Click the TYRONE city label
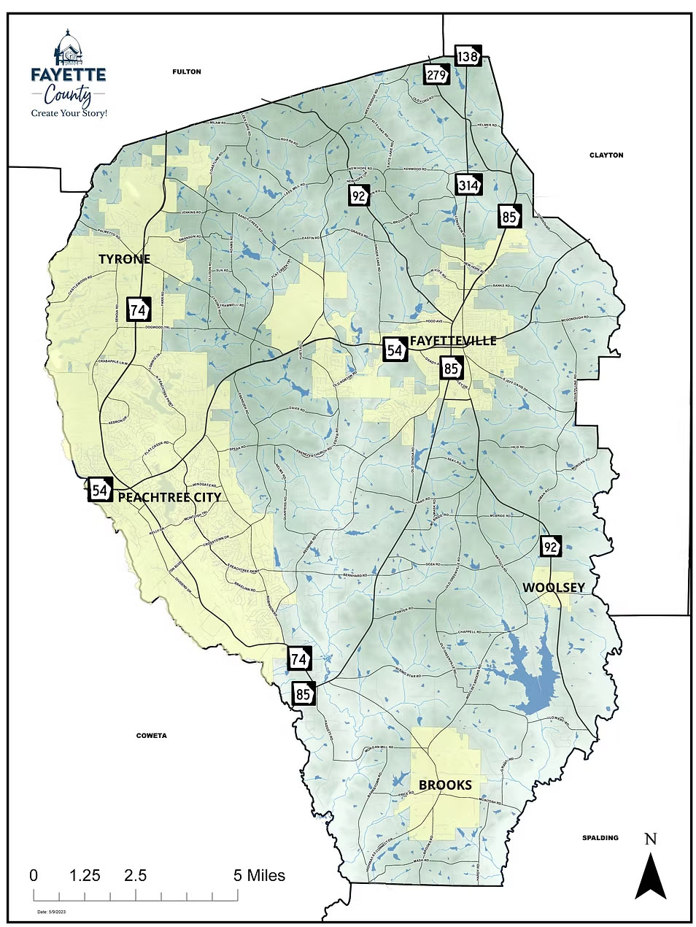pyautogui.click(x=124, y=259)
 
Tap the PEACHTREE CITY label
pyautogui.click(x=169, y=497)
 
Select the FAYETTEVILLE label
pyautogui.click(x=453, y=341)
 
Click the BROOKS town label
pyautogui.click(x=445, y=785)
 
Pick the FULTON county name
pyautogui.click(x=186, y=72)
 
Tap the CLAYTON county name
pyautogui.click(x=606, y=155)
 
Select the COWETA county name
pyautogui.click(x=152, y=735)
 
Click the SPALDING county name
pyautogui.click(x=600, y=837)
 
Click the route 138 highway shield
pyautogui.click(x=468, y=55)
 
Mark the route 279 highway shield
pyautogui.click(x=436, y=74)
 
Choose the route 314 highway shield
pyautogui.click(x=469, y=185)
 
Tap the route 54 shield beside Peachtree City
pyautogui.click(x=100, y=490)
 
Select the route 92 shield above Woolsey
pyautogui.click(x=552, y=546)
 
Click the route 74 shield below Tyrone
pyautogui.click(x=138, y=309)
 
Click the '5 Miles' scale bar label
pyautogui.click(x=260, y=875)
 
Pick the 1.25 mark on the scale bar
pyautogui.click(x=85, y=875)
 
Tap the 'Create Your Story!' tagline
pyautogui.click(x=69, y=113)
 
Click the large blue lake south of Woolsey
pyautogui.click(x=536, y=675)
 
